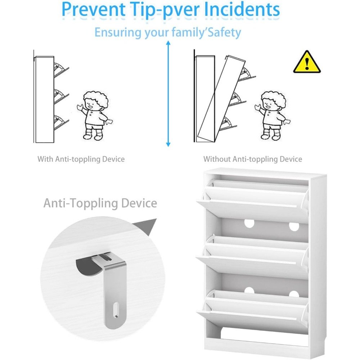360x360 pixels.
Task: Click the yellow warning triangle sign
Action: (x=307, y=62)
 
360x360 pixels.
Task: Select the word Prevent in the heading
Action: (x=94, y=9)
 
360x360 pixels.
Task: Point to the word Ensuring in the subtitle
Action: (x=118, y=33)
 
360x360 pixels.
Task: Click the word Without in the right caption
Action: (x=217, y=159)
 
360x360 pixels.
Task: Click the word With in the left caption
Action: (x=45, y=159)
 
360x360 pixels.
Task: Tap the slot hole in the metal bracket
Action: (x=116, y=310)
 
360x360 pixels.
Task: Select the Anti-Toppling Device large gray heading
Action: (x=100, y=203)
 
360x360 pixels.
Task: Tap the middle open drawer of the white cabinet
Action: (x=253, y=256)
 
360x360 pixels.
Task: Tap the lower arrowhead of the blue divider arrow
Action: (x=168, y=144)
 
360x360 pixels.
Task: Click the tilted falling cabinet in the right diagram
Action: (x=221, y=99)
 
